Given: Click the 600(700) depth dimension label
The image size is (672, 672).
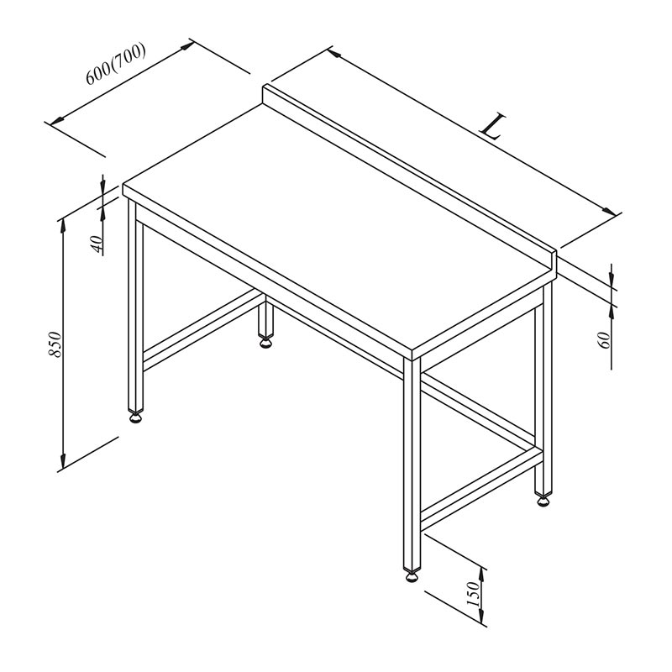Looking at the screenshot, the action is [116, 64].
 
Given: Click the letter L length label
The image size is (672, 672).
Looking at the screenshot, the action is [493, 127].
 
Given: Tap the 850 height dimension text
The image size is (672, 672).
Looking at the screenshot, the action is [55, 344].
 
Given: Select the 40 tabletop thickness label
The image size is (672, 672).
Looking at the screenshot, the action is [97, 244].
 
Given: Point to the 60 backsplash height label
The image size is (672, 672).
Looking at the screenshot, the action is [603, 340].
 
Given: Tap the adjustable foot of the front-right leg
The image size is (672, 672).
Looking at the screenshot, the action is [412, 577].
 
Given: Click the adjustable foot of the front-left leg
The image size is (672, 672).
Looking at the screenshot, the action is [136, 417].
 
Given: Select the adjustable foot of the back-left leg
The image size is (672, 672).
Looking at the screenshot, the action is [265, 343].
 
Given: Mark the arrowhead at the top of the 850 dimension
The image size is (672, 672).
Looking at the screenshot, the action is [63, 225].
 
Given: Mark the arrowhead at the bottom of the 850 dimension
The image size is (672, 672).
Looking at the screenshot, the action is [63, 461].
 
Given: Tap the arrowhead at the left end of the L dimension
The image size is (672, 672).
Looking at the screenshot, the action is [334, 53].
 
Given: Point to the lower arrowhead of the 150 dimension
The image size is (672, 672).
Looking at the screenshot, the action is [481, 616].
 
